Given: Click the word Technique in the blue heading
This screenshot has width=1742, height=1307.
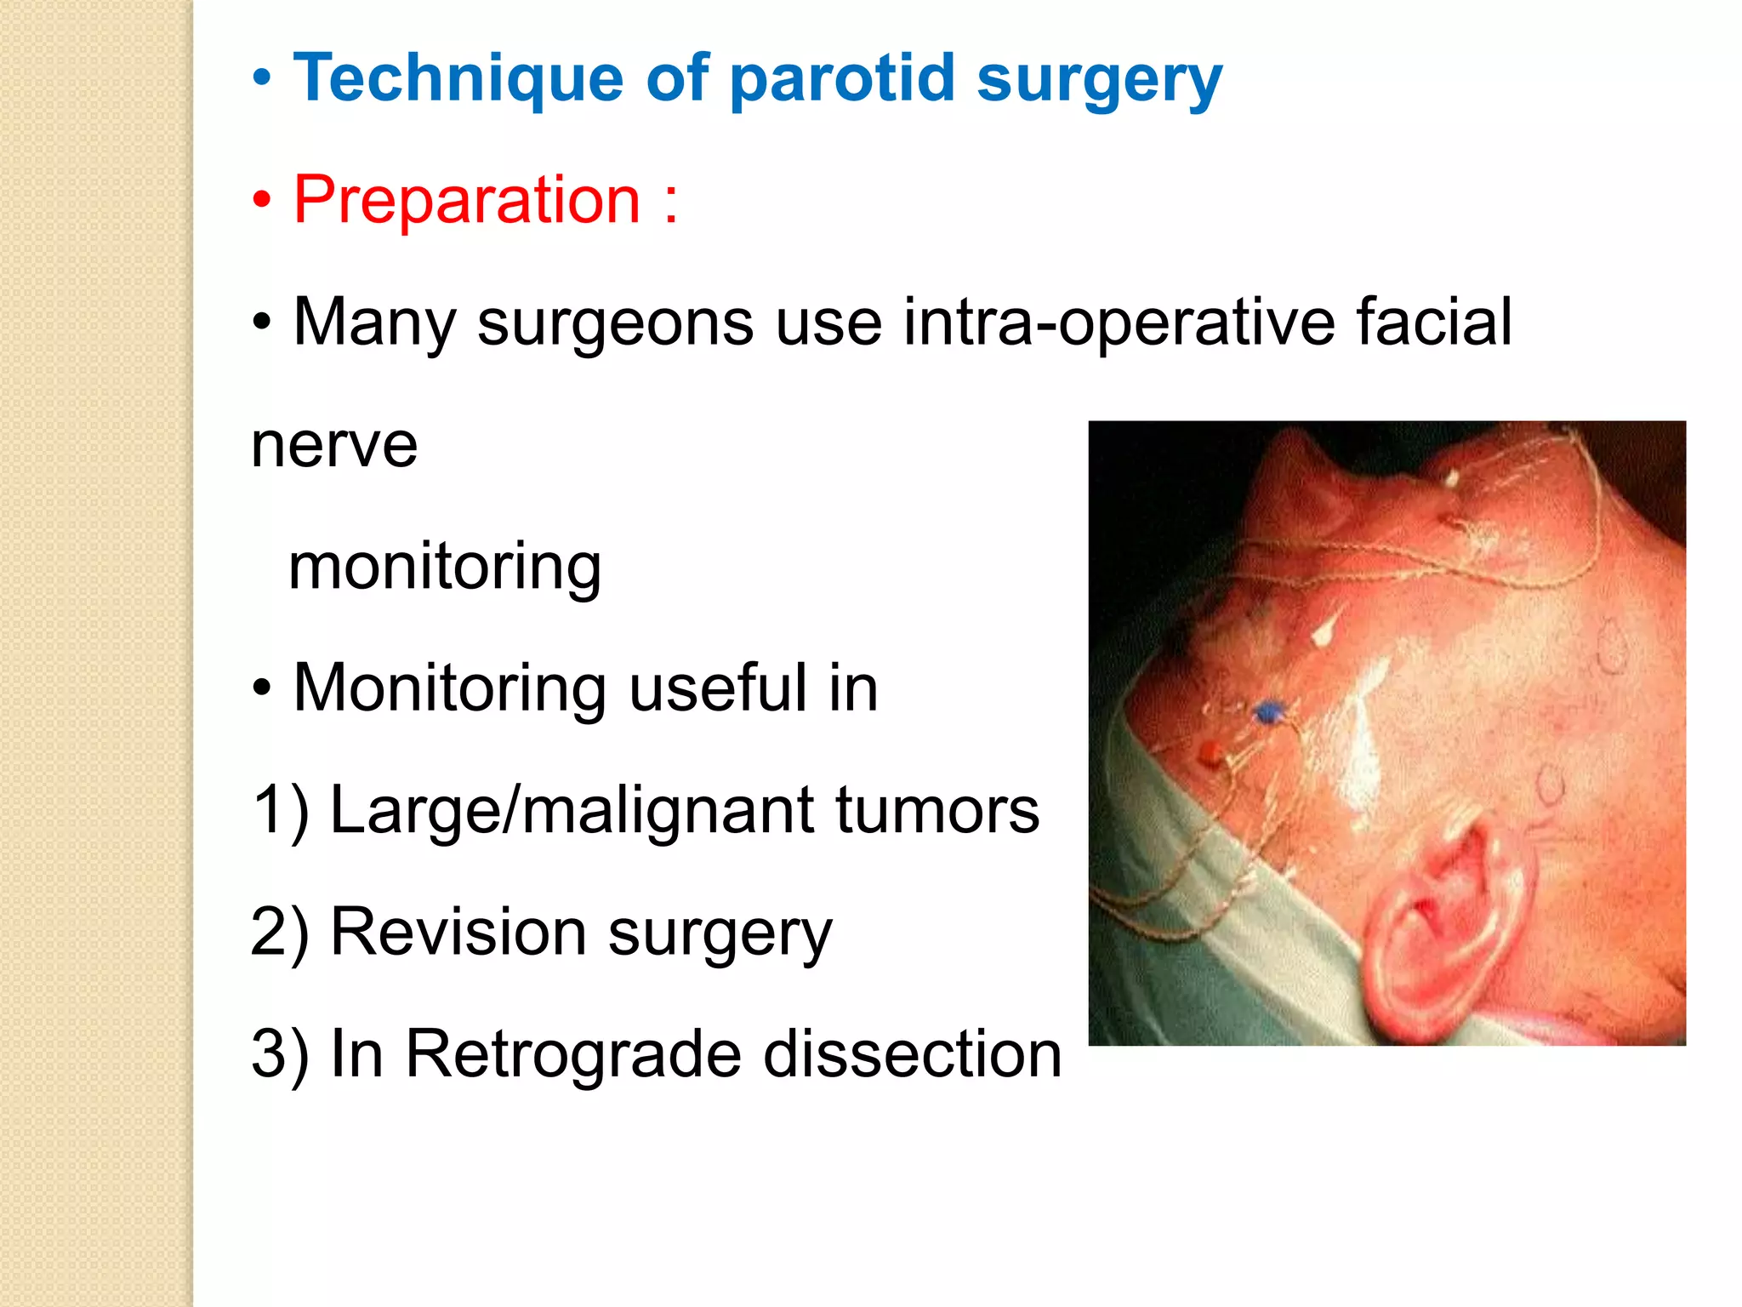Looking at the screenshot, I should click(x=458, y=78).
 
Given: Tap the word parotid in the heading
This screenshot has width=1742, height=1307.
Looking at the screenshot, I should click(x=842, y=78).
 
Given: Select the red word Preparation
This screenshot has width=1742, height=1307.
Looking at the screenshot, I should click(x=466, y=200).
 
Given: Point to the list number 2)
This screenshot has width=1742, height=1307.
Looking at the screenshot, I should click(x=279, y=932).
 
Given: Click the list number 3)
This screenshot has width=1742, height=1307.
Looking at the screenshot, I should click(x=279, y=1053).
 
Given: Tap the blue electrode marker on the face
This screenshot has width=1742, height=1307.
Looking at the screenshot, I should click(x=1269, y=712).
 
